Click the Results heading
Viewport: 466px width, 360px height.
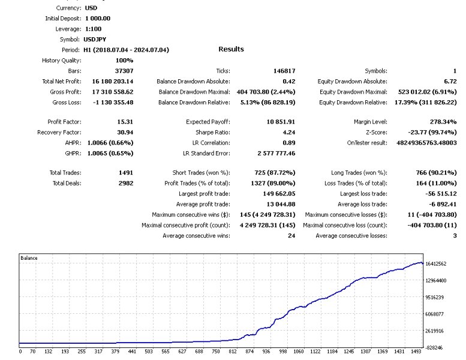pyautogui.click(x=231, y=49)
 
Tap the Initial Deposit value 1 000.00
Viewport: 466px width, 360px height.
pyautogui.click(x=94, y=18)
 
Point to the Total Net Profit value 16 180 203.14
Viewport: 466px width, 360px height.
pyautogui.click(x=113, y=81)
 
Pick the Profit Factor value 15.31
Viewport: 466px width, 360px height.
pyautogui.click(x=125, y=122)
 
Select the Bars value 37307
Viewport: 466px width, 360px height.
pyautogui.click(x=124, y=71)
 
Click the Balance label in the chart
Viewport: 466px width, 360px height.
pyautogui.click(x=29, y=258)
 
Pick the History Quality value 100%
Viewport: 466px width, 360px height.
pyautogui.click(x=124, y=60)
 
